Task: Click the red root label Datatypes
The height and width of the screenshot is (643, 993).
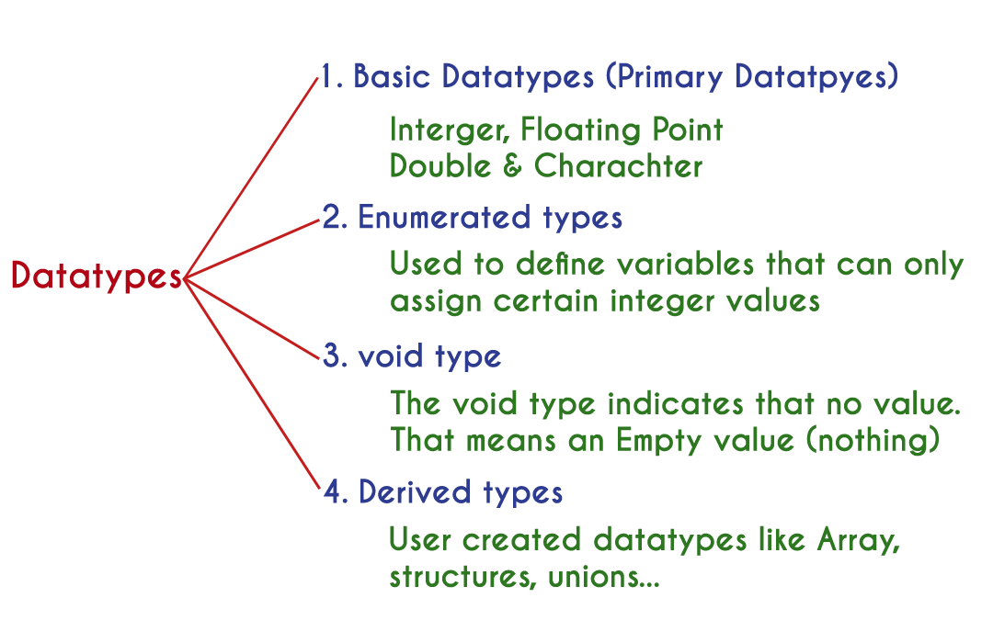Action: point(97,276)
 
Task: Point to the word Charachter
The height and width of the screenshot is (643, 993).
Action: point(618,166)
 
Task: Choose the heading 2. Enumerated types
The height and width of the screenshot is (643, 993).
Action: point(472,219)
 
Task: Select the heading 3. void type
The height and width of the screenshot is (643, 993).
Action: point(411,356)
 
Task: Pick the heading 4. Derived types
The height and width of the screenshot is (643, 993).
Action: point(442,492)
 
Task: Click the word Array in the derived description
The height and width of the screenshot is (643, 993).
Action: point(857,539)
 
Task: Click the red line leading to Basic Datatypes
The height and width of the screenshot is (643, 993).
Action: point(251,174)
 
